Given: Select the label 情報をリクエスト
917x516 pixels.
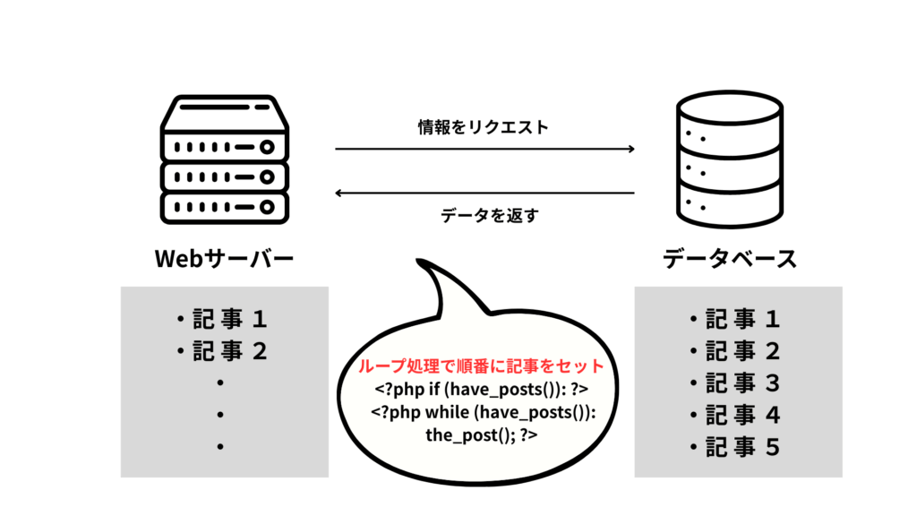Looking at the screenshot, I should (484, 127).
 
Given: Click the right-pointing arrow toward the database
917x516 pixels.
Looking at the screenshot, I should (484, 149).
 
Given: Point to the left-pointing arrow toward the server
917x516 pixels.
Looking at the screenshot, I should (484, 193).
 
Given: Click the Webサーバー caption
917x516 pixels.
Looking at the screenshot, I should (225, 260).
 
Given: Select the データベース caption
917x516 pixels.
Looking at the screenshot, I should (730, 260).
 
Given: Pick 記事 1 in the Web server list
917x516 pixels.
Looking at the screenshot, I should (223, 318).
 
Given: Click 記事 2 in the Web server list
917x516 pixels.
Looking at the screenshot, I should (223, 350).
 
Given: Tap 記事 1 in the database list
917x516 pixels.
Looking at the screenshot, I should (736, 318).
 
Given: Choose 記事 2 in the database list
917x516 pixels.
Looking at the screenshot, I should (736, 350).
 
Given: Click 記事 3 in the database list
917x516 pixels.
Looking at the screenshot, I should (736, 383).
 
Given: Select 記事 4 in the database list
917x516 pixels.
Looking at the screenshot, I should (736, 415).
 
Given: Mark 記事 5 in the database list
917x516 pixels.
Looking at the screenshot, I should (736, 447).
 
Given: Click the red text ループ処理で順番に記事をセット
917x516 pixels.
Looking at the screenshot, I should (482, 367).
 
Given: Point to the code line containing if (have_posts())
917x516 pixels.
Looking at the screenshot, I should (482, 391).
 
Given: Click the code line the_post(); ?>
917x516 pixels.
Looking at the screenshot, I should (482, 435).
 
